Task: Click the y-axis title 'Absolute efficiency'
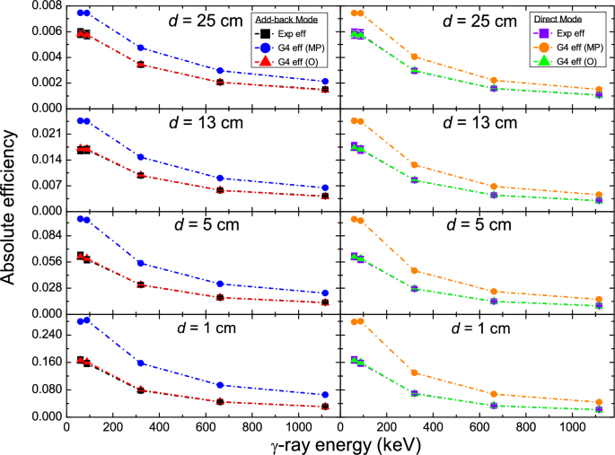[x=11, y=208]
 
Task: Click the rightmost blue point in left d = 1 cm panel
[x=325, y=395]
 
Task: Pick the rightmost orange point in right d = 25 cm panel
[x=599, y=90]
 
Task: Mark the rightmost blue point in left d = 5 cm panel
[x=325, y=293]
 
